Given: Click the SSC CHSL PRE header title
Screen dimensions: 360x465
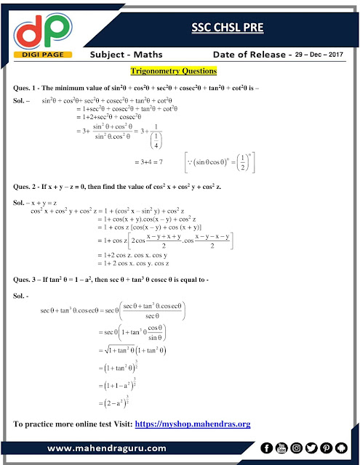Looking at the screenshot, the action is pyautogui.click(x=223, y=28).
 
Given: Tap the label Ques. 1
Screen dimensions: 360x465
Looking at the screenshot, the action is pyautogui.click(x=30, y=88).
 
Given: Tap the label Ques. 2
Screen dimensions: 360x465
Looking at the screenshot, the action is pyautogui.click(x=30, y=187).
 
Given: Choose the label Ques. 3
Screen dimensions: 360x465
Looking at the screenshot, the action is pyautogui.click(x=30, y=280).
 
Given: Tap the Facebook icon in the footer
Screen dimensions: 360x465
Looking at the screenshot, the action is pyautogui.click(x=266, y=448).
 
